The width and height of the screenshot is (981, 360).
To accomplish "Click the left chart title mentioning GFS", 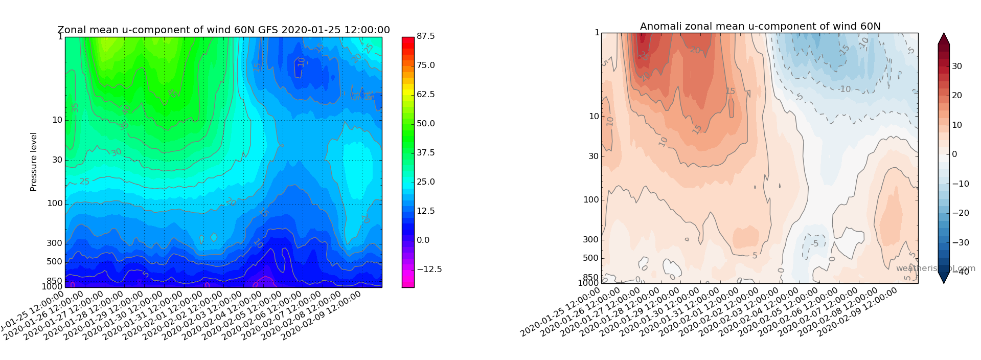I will pos(223,30).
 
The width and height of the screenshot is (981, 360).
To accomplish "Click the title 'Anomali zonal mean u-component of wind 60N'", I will pos(760,27).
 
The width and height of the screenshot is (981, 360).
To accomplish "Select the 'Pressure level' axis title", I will pos(34,162).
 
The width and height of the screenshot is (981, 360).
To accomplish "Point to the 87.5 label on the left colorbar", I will pos(426,36).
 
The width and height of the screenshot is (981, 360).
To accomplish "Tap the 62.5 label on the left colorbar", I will pos(426,95).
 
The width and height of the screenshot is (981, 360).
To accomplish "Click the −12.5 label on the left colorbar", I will pos(429,269).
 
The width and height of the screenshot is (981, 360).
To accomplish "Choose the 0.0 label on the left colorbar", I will pos(423,240).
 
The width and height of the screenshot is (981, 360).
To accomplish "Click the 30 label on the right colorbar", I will pos(956,66).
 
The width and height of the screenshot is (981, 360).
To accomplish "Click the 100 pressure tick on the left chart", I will pos(55,204).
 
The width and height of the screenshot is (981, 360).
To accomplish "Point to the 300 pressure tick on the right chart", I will pos(590,240).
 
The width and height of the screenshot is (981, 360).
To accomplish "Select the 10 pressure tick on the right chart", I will pos(594,117).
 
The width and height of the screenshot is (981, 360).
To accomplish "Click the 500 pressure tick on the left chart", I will pos(55,262).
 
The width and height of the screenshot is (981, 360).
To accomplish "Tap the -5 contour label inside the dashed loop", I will pos(815,243).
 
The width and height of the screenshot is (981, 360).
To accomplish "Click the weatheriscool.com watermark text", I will pos(935,268).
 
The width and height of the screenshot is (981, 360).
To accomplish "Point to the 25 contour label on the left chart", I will pos(84,182).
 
